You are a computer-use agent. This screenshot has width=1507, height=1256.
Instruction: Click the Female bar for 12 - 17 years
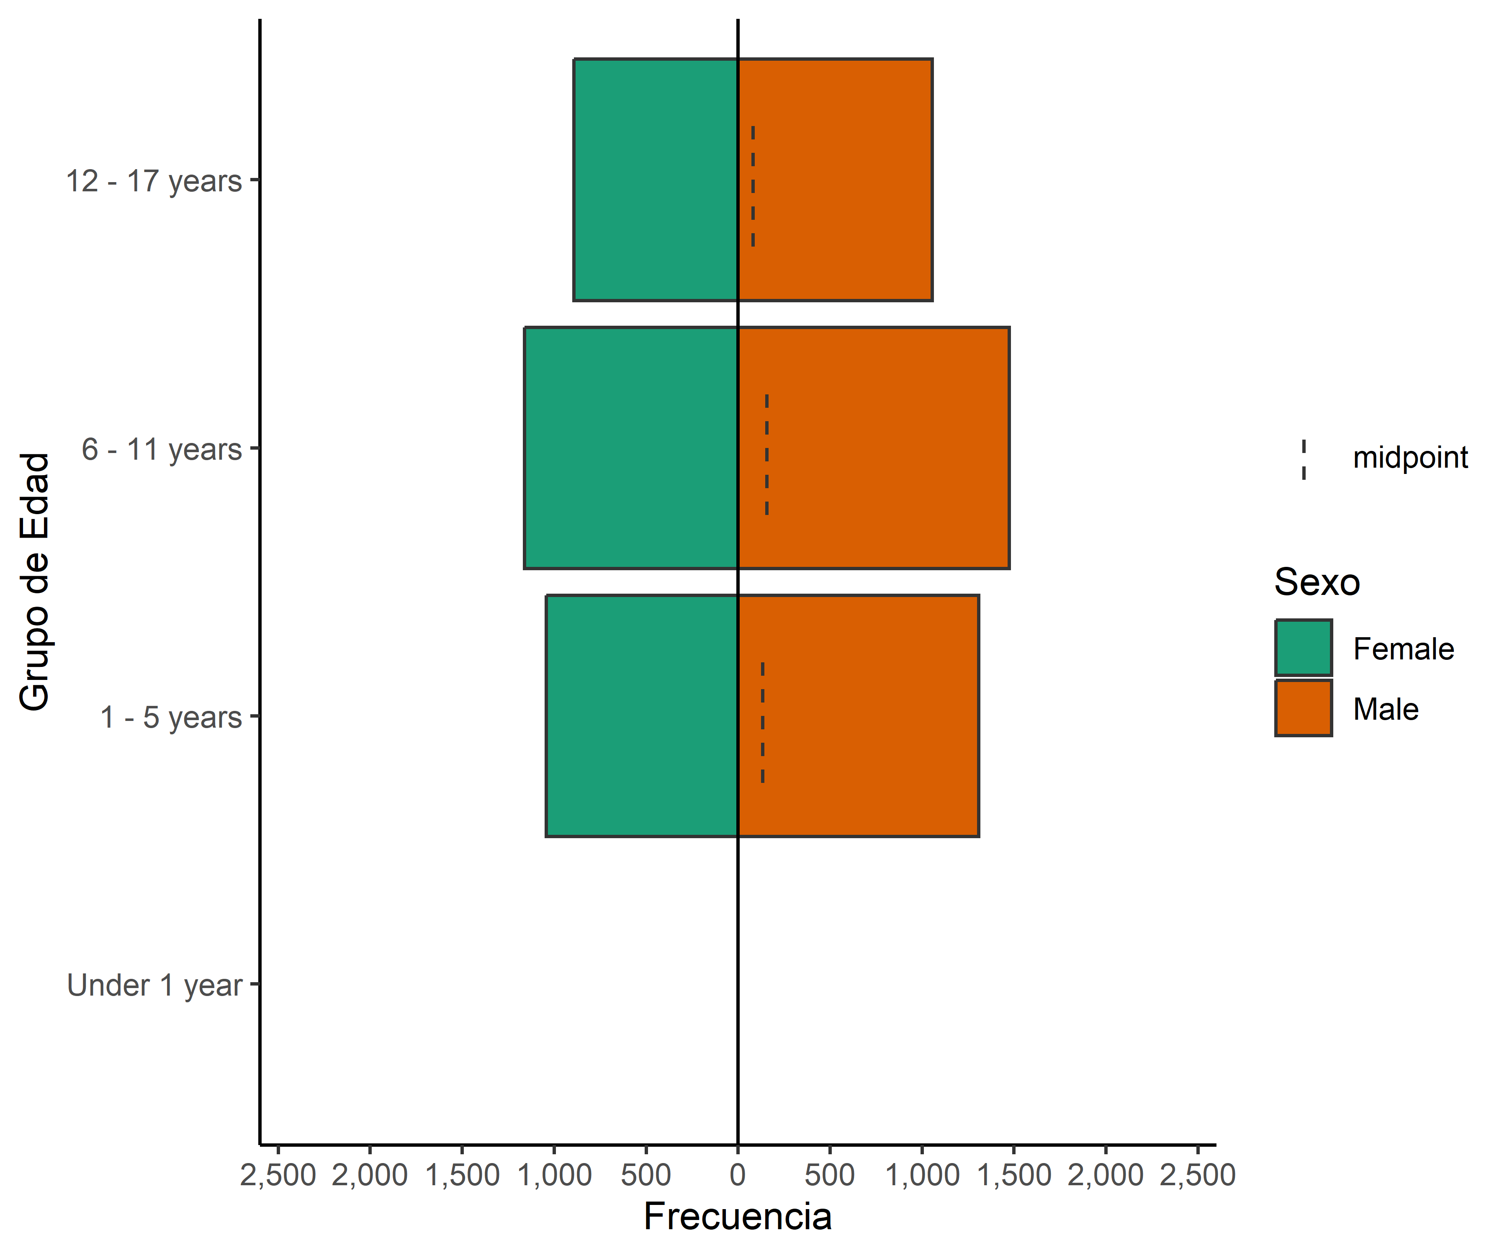[655, 180]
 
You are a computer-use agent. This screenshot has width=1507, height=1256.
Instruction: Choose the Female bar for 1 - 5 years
[642, 716]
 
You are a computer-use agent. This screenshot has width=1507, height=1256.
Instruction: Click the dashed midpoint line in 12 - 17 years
[753, 187]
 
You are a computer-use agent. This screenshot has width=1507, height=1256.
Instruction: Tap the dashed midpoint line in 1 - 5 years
[762, 723]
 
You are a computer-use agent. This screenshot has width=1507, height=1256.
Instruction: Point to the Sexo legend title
[1317, 582]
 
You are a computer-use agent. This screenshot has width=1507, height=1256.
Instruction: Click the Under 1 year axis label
[154, 986]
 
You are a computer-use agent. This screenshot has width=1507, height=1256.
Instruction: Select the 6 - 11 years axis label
[162, 449]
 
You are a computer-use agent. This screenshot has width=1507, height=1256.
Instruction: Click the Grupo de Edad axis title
[34, 582]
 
